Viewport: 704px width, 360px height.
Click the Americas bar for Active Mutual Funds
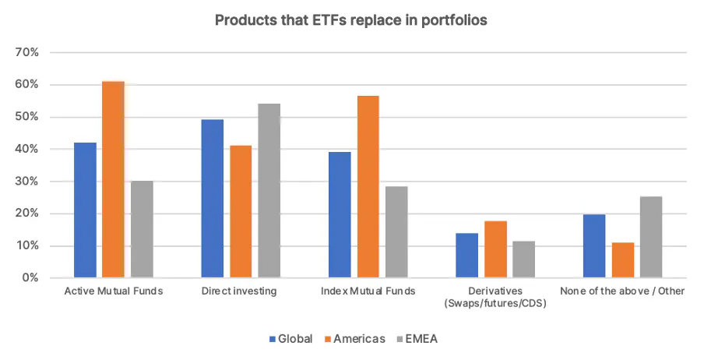click(x=114, y=179)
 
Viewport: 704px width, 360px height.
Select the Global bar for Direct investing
click(x=213, y=199)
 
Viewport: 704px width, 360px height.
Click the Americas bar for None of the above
click(x=622, y=260)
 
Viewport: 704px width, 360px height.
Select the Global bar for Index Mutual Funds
click(x=340, y=215)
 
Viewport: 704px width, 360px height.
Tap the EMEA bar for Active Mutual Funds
click(x=142, y=229)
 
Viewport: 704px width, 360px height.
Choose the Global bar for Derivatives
click(x=467, y=256)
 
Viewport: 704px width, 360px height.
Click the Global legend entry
click(x=290, y=339)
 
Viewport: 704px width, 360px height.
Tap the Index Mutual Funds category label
click(x=368, y=291)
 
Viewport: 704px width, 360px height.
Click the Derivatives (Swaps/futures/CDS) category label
click(x=495, y=297)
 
